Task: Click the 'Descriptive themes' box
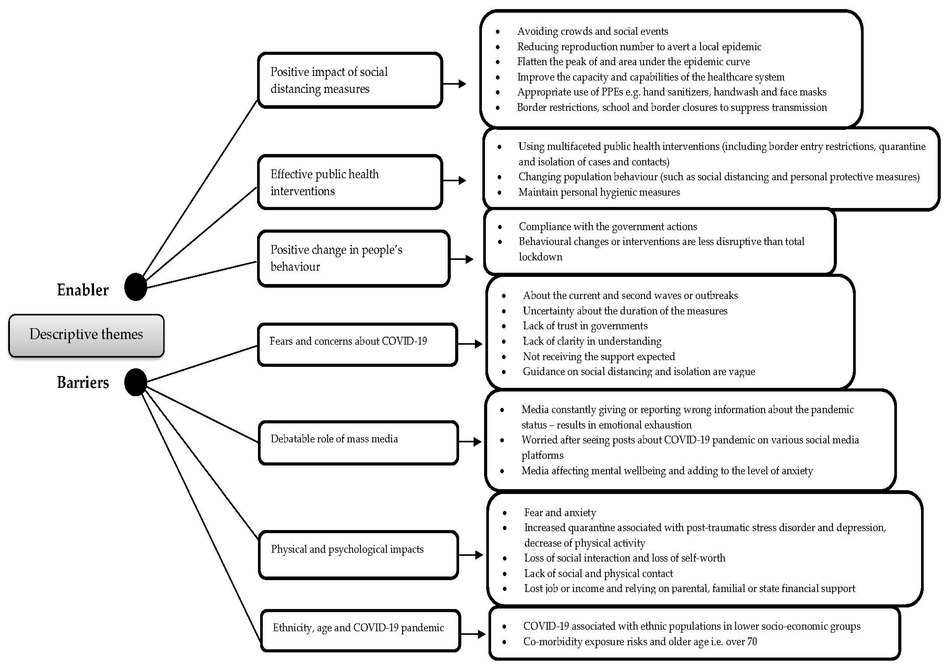point(86,335)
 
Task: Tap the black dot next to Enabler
point(135,287)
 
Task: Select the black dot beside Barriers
point(135,382)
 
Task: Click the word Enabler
point(82,290)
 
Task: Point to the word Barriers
point(83,382)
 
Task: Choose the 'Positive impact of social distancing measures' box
point(350,80)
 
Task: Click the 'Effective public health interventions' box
point(350,182)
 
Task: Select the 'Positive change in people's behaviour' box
point(353,258)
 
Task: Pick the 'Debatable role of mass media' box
point(358,442)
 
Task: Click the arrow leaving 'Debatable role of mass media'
point(470,442)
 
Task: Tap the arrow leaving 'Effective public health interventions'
point(455,181)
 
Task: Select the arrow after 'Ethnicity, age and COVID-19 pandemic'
point(473,634)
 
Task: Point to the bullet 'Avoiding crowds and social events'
point(593,31)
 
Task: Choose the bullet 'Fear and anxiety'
point(560,512)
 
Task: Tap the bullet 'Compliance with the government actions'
point(608,226)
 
